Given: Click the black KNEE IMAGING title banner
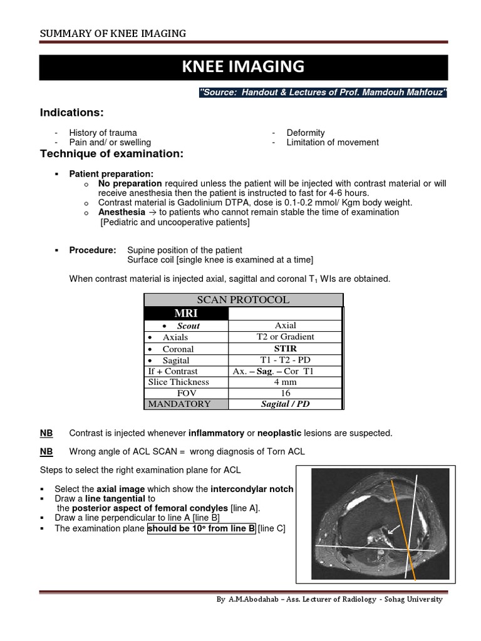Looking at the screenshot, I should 244,67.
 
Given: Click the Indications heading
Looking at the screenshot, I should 71,112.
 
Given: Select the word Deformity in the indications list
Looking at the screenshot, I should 306,133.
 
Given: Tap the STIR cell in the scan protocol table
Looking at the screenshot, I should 286,348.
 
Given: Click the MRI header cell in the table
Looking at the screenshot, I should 187,313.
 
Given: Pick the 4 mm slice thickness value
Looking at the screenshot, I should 286,382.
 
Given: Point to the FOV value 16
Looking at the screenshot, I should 286,393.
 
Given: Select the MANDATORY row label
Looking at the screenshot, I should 179,404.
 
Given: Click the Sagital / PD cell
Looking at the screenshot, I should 286,404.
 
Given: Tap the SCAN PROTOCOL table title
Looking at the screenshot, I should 243,300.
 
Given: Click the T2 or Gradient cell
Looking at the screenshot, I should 286,337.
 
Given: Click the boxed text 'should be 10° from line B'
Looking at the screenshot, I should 201,528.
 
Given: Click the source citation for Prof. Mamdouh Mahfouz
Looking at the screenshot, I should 323,93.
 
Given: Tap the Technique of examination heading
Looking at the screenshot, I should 111,154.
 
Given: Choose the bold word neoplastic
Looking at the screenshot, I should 279,433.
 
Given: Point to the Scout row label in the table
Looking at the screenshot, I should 187,326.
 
